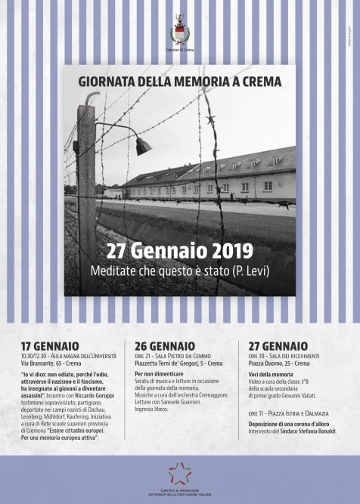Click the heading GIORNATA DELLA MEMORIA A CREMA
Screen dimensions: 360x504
(179, 80)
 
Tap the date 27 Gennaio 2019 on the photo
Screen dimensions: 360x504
(179, 252)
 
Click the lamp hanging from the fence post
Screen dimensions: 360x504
(141, 146)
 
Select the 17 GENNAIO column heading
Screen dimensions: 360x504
(50, 345)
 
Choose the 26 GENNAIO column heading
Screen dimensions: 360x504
(164, 345)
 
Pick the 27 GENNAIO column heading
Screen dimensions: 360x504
(278, 345)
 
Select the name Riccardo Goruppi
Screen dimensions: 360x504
(94, 395)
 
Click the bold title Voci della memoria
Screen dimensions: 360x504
(272, 375)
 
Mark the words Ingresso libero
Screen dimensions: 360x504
(154, 409)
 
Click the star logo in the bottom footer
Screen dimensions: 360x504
(180, 473)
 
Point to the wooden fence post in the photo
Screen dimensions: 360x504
(86, 196)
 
